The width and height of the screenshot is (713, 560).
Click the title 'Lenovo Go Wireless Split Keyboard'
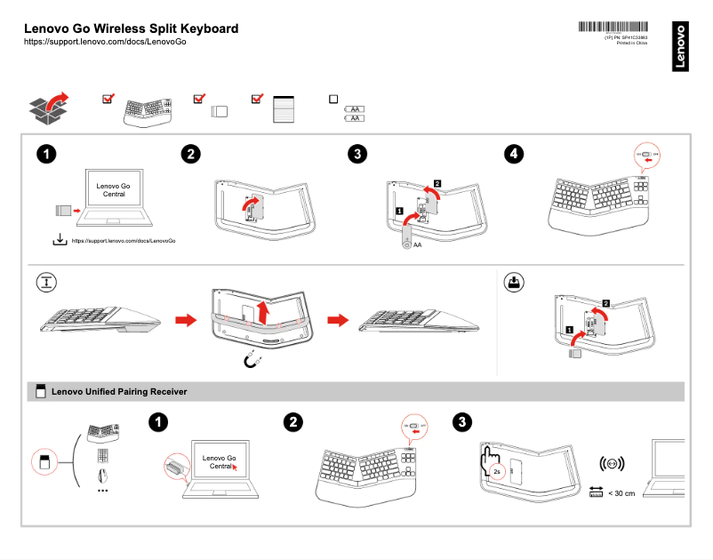point(131,28)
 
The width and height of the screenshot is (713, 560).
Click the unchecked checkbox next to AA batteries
point(333,100)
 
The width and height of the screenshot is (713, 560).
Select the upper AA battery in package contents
point(355,109)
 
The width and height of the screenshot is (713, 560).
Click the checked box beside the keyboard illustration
point(108,99)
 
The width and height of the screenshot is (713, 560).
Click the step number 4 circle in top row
point(514,154)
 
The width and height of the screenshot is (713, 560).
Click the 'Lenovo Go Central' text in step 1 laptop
point(114,188)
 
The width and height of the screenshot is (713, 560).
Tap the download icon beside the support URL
point(59,239)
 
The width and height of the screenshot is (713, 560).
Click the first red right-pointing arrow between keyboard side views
point(185,318)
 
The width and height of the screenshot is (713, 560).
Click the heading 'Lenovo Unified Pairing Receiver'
point(119,391)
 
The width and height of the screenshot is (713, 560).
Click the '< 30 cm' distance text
point(621,492)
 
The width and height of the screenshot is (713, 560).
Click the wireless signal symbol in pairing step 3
point(612,464)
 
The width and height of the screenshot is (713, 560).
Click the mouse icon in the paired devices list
point(102,474)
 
